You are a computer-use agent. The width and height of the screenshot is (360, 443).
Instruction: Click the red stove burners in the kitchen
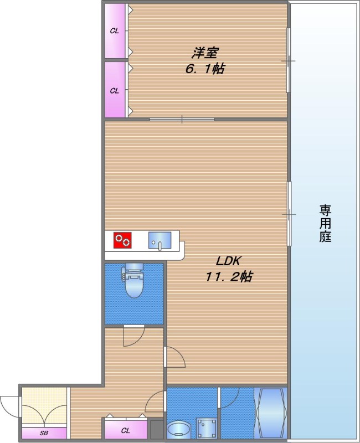pyautogui.click(x=123, y=240)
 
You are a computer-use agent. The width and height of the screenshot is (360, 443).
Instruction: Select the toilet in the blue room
pyautogui.click(x=133, y=282)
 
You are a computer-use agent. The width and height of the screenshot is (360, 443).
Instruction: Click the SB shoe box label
pyautogui.click(x=43, y=433)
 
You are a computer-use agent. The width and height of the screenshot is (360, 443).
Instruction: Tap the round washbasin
pyautogui.click(x=178, y=430)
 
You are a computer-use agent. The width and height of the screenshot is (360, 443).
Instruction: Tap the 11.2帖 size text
pyautogui.click(x=229, y=277)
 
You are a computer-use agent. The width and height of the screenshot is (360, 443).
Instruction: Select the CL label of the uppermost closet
pyautogui.click(x=115, y=31)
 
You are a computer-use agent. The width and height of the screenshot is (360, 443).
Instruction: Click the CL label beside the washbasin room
pyautogui.click(x=126, y=430)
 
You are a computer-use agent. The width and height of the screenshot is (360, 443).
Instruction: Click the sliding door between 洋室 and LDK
pyautogui.click(x=182, y=119)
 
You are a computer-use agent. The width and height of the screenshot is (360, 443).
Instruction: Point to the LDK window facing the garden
pyautogui.click(x=289, y=213)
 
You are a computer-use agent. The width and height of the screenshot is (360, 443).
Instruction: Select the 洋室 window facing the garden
pyautogui.click(x=288, y=60)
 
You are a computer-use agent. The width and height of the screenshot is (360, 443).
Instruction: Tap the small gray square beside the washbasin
pyautogui.click(x=157, y=429)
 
